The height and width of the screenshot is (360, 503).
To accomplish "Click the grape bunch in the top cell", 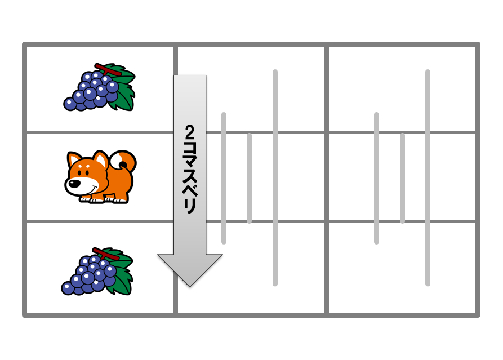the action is [x=100, y=87].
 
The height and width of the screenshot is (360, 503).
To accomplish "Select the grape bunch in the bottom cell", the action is [x=97, y=271].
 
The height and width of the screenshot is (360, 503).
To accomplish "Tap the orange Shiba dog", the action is [x=100, y=176].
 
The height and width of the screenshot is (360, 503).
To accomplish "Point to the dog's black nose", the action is [x=74, y=184].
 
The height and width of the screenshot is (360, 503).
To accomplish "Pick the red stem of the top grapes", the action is [x=108, y=69].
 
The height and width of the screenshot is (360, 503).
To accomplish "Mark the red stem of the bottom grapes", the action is [x=106, y=254].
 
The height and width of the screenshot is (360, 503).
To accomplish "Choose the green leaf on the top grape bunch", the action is [x=123, y=88].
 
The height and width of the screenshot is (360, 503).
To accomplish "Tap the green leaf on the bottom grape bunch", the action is [x=121, y=273].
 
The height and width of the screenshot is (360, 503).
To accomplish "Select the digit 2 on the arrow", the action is [x=190, y=132].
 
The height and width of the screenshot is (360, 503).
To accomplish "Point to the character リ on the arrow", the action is [x=190, y=206].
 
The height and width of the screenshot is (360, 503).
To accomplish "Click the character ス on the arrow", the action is [x=190, y=177].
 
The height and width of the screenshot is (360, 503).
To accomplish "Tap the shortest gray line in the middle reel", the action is [x=250, y=178].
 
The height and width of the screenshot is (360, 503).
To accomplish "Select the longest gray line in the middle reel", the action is [x=275, y=177].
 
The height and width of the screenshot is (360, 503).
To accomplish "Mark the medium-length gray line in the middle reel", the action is [x=224, y=178].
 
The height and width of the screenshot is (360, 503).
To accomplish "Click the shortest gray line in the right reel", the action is [x=402, y=178].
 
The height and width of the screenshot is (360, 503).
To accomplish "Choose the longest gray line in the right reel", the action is [x=428, y=177].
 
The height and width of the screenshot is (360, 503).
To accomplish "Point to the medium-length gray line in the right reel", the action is [x=377, y=178].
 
